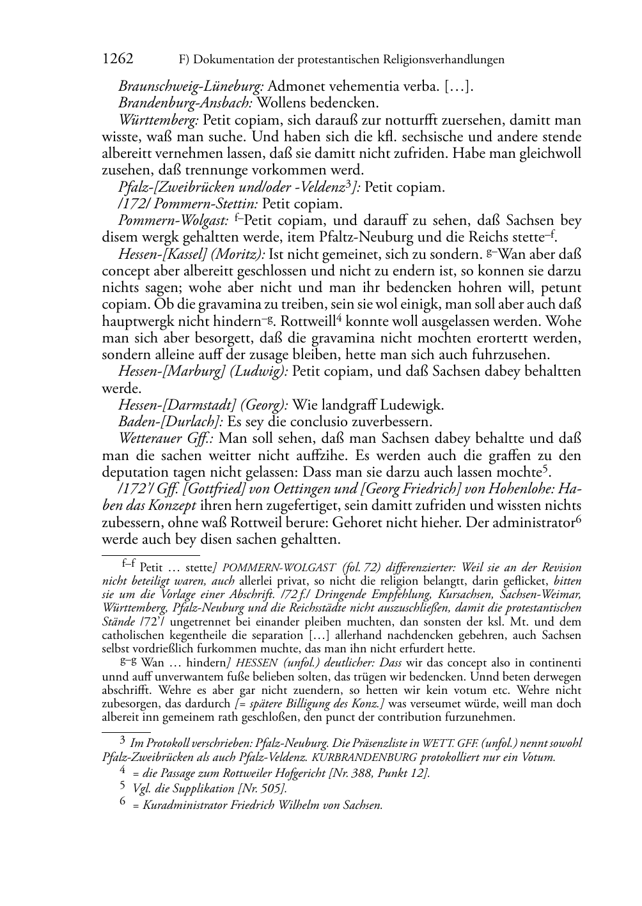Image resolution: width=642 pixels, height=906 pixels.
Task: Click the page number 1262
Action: (x=118, y=59)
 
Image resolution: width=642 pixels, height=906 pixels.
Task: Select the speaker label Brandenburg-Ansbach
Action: (x=185, y=103)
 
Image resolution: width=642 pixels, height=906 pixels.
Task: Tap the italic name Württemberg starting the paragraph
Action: (x=159, y=120)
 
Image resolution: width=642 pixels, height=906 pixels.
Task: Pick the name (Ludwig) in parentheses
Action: (x=261, y=372)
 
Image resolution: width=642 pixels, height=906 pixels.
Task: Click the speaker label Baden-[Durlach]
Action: (x=170, y=422)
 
